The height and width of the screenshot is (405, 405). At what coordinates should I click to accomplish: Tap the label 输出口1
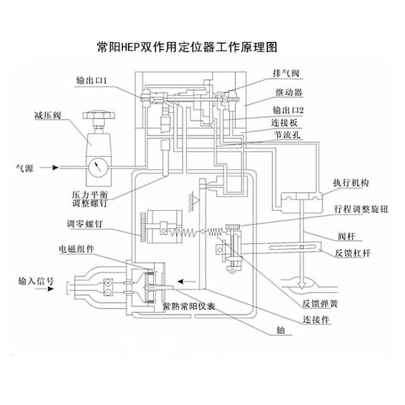pos(93,79)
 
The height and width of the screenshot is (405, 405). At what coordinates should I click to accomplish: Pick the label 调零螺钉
pos(85,222)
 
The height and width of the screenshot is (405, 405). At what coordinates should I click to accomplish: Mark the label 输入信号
pos(36,281)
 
